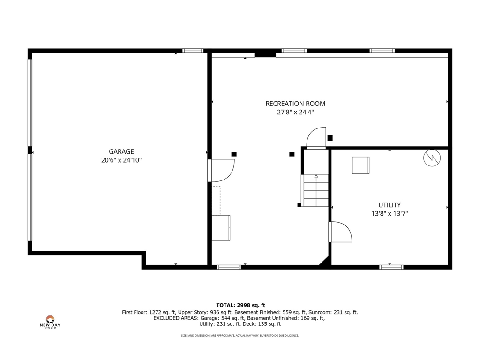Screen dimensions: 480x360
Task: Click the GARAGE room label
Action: tap(121, 151)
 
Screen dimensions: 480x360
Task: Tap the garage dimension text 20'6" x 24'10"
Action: tap(121, 160)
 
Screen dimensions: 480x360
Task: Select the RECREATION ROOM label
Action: tap(295, 104)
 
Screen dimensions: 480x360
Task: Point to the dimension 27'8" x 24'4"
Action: tap(295, 112)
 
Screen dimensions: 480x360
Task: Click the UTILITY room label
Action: tap(390, 205)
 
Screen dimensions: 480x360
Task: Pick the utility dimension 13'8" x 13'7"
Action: tap(390, 214)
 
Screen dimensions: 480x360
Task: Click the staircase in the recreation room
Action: tap(316, 190)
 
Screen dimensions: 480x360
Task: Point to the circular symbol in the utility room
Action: tap(432, 158)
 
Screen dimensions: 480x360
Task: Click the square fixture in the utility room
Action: tap(360, 165)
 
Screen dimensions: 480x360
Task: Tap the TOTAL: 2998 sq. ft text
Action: tap(240, 305)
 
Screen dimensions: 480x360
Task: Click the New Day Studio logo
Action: tap(50, 322)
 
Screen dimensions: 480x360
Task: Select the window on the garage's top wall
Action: tap(193, 51)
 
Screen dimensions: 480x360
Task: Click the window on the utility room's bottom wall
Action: tap(391, 267)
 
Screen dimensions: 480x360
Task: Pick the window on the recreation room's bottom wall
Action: tap(229, 267)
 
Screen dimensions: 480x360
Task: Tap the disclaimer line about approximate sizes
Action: tap(240, 336)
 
